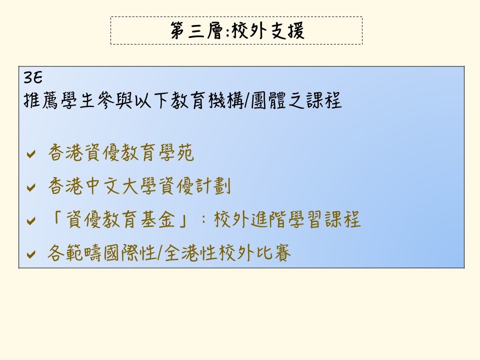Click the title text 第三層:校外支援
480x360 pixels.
point(237,30)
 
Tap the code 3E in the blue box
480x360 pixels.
point(33,78)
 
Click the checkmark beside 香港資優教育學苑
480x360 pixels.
point(31,153)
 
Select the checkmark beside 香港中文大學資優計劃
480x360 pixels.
point(31,187)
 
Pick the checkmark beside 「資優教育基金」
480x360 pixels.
point(31,220)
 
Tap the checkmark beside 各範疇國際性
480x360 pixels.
point(31,254)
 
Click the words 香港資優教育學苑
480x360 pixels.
point(121,153)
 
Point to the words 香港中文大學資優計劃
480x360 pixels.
point(139,186)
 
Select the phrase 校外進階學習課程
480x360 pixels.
point(287,219)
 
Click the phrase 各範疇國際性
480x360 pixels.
point(102,253)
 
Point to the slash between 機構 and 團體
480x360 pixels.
point(247,100)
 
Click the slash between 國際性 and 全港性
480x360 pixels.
point(160,253)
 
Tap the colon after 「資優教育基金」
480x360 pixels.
point(203,220)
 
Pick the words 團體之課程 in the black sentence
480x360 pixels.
point(296,100)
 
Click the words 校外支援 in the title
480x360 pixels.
point(268,30)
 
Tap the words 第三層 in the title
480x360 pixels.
point(197,30)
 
